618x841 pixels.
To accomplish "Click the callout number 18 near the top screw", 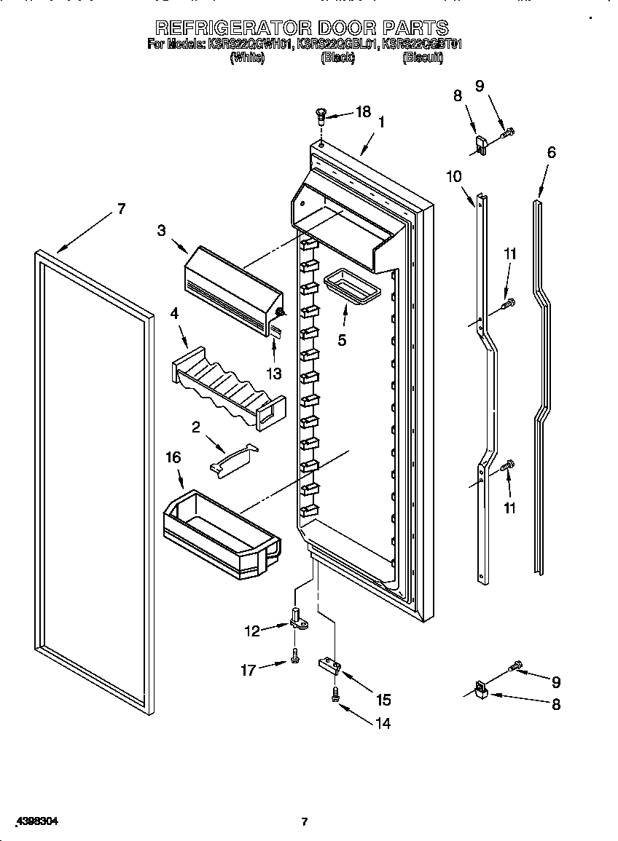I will tap(362, 111).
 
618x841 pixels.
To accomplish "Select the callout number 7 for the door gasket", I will tap(121, 209).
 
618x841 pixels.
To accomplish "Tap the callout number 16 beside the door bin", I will tap(173, 457).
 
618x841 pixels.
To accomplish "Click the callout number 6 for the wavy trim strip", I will tap(551, 152).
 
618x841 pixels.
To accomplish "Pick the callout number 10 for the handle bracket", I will tap(453, 175).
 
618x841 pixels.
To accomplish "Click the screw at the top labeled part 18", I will tap(320, 114).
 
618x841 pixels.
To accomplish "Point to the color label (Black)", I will tap(337, 58).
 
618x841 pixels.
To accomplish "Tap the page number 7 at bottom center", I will tap(305, 822).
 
